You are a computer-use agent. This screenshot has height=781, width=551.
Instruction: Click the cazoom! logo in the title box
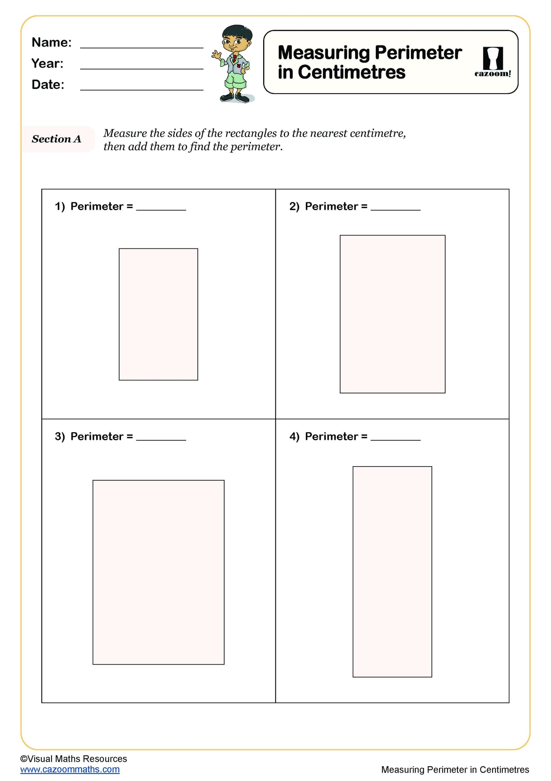[493, 62]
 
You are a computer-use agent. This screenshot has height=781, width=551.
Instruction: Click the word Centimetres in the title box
[351, 72]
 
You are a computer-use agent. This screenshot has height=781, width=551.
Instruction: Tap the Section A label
[57, 139]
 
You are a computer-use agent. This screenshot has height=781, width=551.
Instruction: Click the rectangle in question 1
[158, 314]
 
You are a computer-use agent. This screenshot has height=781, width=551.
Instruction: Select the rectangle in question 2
[393, 314]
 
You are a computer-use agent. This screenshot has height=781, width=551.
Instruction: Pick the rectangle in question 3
[158, 572]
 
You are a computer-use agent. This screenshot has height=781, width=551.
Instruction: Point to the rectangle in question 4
[392, 572]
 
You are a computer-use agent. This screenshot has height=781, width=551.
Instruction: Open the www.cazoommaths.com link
[70, 770]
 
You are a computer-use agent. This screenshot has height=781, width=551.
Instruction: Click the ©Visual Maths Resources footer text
[73, 759]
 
